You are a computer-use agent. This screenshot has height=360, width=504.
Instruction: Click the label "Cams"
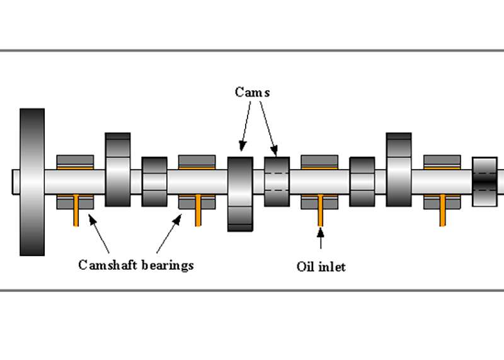252,92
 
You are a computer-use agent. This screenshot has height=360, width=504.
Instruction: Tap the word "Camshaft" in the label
105,265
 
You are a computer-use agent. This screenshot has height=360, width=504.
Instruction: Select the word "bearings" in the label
166,265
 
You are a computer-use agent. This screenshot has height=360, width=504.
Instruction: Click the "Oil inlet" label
321,267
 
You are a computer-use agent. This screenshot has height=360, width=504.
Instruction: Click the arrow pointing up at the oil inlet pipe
321,240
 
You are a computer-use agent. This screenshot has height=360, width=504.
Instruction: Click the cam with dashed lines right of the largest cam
277,182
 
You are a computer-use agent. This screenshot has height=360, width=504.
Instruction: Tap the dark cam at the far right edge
484,181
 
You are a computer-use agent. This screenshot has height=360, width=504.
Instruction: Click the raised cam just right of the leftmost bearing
118,170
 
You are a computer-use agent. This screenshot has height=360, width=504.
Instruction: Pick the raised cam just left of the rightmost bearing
398,170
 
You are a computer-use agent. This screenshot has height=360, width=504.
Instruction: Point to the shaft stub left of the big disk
15,182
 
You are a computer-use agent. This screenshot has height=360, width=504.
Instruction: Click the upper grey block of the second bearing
198,161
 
